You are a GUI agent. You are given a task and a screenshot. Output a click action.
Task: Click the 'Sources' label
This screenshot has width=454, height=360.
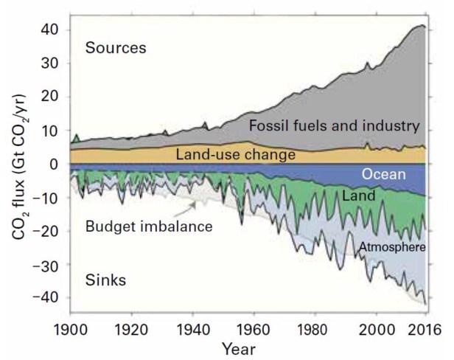[x=116, y=49]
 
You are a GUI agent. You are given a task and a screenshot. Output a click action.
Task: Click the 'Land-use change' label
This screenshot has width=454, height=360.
[x=236, y=155]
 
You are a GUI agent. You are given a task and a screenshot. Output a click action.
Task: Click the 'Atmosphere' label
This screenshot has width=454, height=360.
[x=393, y=247]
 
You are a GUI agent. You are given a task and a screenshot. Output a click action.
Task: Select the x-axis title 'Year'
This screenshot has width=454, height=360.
[x=240, y=346]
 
